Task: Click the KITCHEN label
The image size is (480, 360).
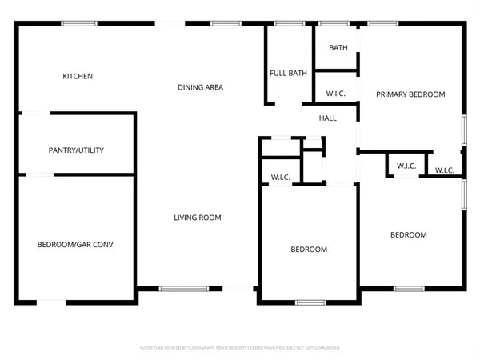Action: pos(78,77)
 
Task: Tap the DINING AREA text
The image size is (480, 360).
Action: pos(200,87)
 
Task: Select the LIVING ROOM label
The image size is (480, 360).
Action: pos(198,218)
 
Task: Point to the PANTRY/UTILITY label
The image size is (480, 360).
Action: pos(76,150)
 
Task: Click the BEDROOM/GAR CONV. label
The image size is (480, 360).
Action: pos(77,244)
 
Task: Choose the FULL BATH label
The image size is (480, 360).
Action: pos(288,74)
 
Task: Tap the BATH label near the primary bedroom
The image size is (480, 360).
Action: pos(338,48)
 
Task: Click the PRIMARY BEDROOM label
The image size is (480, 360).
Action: pos(411,94)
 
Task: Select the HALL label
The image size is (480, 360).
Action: pos(328,118)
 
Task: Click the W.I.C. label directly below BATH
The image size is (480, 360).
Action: pos(336,94)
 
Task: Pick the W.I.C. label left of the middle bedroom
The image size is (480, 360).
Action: pos(280,177)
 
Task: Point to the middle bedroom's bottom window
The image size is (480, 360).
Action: pos(308,302)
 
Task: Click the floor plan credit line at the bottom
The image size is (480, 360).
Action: pos(240,348)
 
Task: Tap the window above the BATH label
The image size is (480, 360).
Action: pos(330,24)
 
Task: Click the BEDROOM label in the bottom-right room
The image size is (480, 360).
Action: pos(408,235)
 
